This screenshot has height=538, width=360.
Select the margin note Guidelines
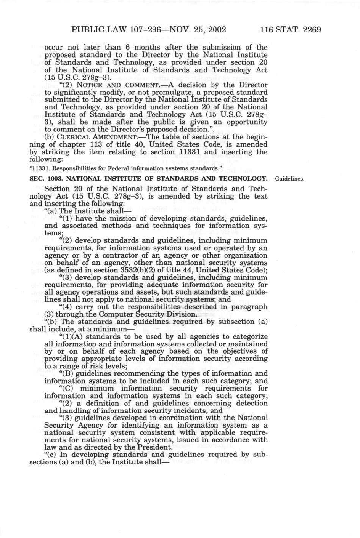(x=289, y=178)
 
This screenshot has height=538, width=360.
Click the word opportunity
(x=247, y=122)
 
